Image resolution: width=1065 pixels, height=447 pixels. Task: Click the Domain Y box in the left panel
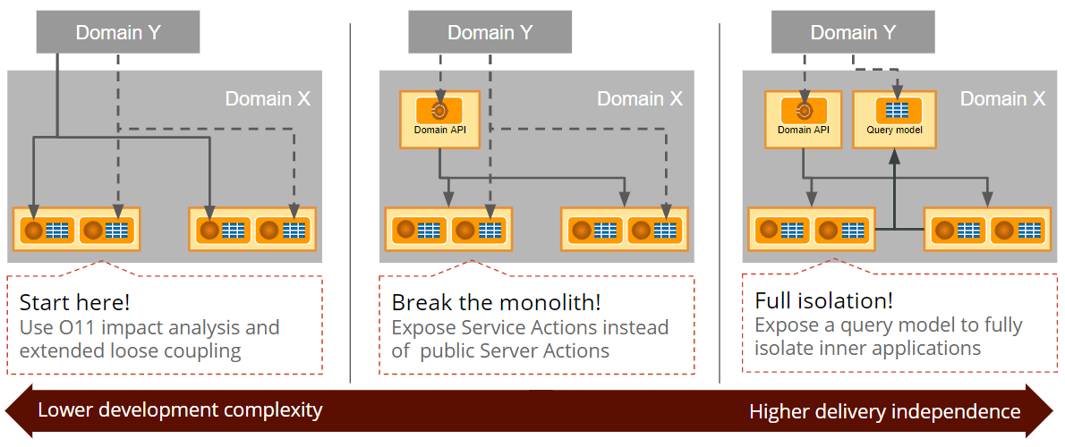tap(117, 32)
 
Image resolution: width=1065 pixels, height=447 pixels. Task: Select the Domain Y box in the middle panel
tap(490, 32)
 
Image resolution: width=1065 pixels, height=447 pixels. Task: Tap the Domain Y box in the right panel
tap(853, 32)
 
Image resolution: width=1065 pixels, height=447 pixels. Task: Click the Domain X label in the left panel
tap(267, 98)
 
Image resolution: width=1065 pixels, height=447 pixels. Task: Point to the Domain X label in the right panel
tap(1002, 98)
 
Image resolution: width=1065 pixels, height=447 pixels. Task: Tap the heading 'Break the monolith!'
tap(496, 301)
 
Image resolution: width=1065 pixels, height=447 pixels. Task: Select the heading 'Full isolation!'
tap(824, 300)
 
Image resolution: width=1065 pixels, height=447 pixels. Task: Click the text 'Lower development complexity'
tap(180, 410)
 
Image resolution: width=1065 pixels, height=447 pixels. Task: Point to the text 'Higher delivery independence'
tap(884, 411)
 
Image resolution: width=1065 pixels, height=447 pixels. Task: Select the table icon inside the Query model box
tap(895, 111)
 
